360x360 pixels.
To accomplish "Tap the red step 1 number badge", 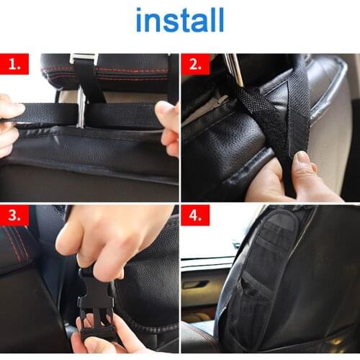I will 14,65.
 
